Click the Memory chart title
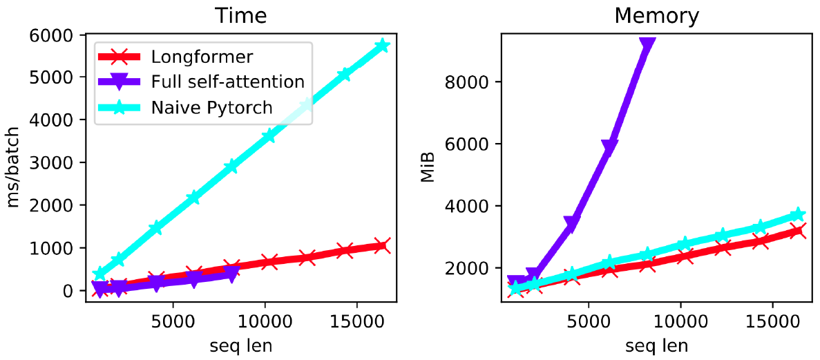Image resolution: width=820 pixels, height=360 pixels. coord(656,15)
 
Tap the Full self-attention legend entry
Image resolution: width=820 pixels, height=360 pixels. coord(227,82)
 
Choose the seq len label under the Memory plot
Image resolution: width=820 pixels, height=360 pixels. coord(656,345)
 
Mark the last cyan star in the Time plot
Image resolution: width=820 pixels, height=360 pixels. coord(382,46)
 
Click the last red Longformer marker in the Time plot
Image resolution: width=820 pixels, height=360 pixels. coord(382,245)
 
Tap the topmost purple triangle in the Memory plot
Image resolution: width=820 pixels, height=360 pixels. coord(647,43)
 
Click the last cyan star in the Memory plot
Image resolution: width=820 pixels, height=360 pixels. coord(798,214)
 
